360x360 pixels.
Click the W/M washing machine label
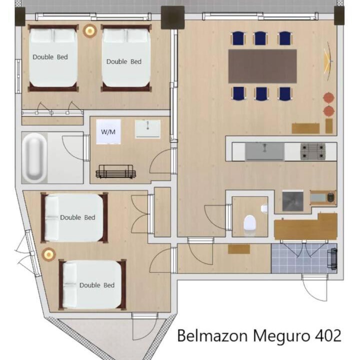click(x=108, y=132)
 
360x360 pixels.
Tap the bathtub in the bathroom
click(x=34, y=157)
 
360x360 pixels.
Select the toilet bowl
click(x=249, y=223)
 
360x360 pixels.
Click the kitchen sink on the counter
click(x=264, y=151)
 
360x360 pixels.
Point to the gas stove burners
click(x=313, y=151)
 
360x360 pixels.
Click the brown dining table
click(x=262, y=66)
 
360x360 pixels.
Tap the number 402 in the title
click(x=328, y=336)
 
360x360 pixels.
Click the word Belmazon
click(x=212, y=336)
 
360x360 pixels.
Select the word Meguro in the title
click(x=281, y=336)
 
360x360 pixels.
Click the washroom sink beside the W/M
click(x=147, y=129)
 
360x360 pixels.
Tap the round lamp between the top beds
click(x=90, y=30)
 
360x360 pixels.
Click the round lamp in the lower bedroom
click(x=48, y=254)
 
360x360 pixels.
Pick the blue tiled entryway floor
click(x=304, y=258)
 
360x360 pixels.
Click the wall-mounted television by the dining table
click(x=328, y=61)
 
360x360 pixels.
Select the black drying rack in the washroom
click(x=115, y=171)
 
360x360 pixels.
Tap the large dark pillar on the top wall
click(x=172, y=17)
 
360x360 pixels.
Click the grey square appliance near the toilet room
click(x=292, y=200)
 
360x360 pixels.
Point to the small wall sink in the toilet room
click(x=264, y=208)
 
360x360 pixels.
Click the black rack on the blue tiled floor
click(x=332, y=259)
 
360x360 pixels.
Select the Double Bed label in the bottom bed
click(x=97, y=285)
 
